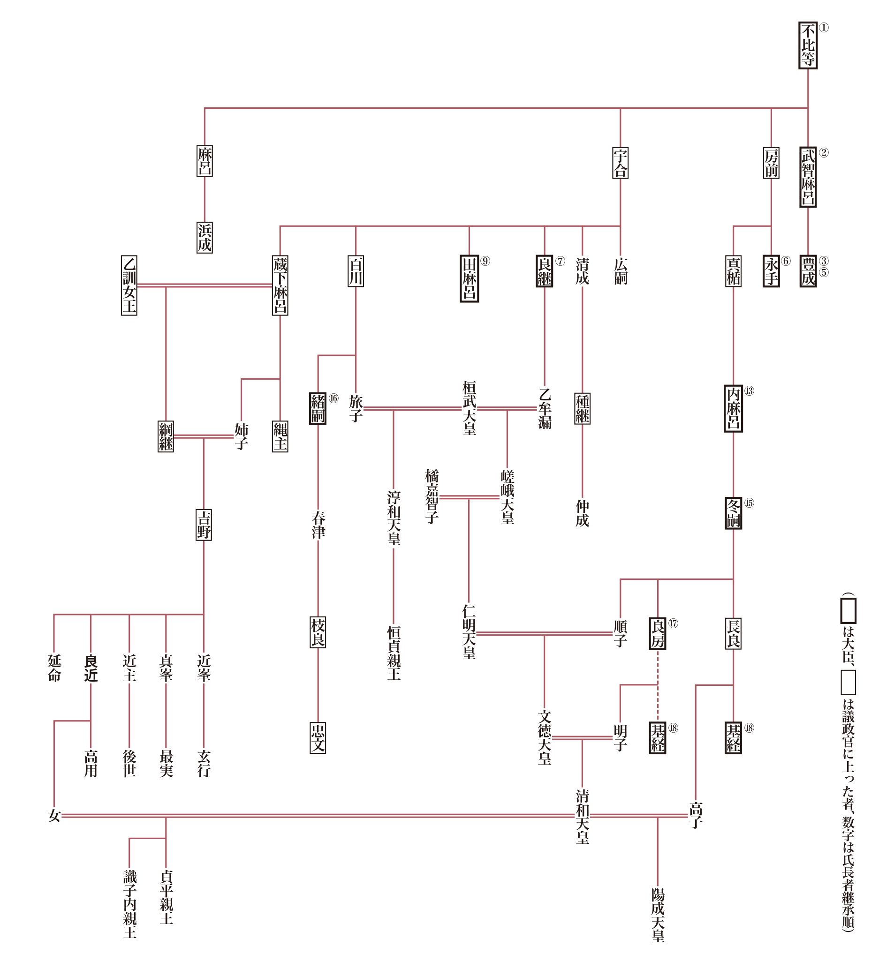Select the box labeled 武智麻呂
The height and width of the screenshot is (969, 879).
pyautogui.click(x=807, y=177)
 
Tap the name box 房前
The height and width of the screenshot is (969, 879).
pyautogui.click(x=771, y=163)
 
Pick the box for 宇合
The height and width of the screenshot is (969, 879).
pyautogui.click(x=620, y=163)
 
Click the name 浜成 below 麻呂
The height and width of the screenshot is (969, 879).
pyautogui.click(x=205, y=237)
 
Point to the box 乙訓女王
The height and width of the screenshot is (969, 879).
pyautogui.click(x=129, y=285)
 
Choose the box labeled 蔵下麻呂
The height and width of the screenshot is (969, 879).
pyautogui.click(x=280, y=285)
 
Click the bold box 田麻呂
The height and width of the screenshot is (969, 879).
pyautogui.click(x=469, y=278)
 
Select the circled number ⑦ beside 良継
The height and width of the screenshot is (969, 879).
pyautogui.click(x=560, y=261)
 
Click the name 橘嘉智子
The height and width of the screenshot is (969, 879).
pyautogui.click(x=432, y=496)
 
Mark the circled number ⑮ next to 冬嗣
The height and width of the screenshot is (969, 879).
pyautogui.click(x=749, y=503)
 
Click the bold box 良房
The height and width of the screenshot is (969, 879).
pyautogui.click(x=657, y=633)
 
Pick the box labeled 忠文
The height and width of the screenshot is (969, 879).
pyautogui.click(x=318, y=738)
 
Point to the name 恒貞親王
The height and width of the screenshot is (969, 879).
pyautogui.click(x=394, y=653)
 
